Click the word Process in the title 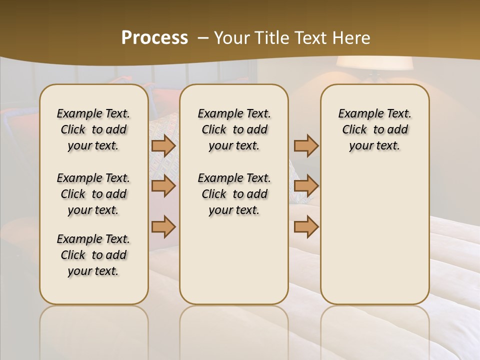(154, 38)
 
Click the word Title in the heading (272, 38)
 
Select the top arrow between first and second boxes (163, 146)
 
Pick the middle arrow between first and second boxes (163, 186)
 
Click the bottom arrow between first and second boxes (163, 227)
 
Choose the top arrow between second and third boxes (306, 146)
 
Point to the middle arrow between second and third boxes (306, 186)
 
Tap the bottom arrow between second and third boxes (306, 227)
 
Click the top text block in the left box (93, 129)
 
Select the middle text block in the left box (93, 194)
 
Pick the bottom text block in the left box (93, 255)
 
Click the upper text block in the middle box (234, 129)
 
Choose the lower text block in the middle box (234, 194)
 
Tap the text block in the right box (374, 129)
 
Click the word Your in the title (232, 38)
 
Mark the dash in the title (203, 38)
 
